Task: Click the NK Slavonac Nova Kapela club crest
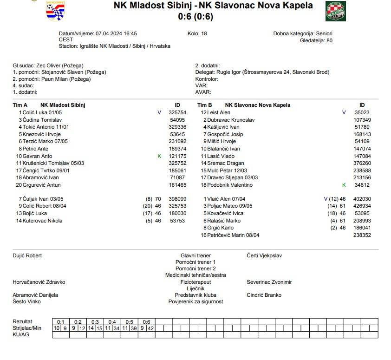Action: tap(335, 11)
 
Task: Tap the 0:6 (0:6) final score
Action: tap(195, 17)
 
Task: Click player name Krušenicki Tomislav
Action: tap(45, 164)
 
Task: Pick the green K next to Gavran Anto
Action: tap(159, 156)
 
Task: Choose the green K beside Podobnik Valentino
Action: tap(344, 185)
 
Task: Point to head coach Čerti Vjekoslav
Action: tap(264, 255)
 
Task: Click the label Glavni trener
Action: tap(195, 255)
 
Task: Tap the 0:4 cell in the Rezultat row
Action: tap(112, 322)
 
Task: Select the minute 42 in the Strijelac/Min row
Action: tap(150, 328)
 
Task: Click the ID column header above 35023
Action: tap(362, 105)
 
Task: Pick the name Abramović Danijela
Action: tap(35, 295)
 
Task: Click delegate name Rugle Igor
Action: tap(229, 72)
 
